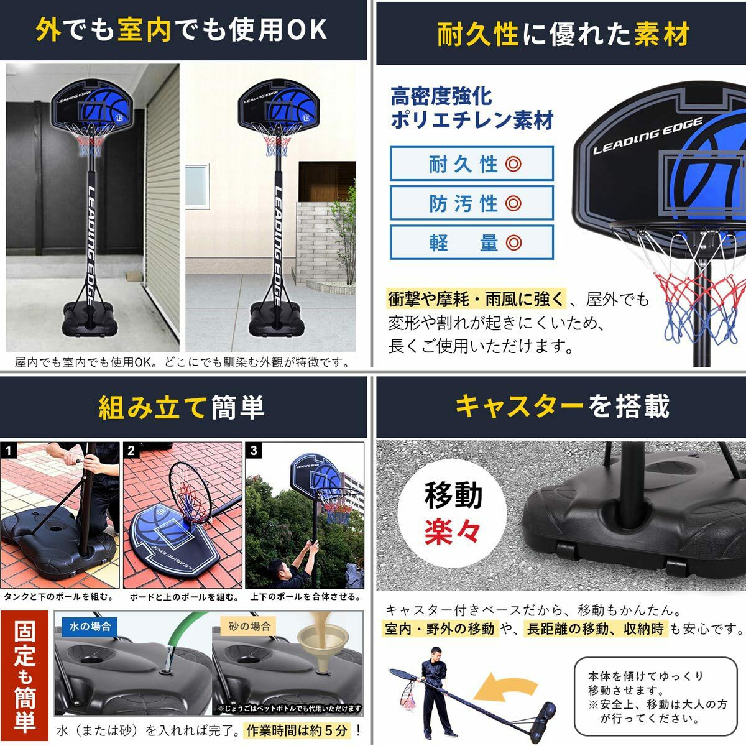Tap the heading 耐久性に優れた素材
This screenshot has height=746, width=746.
563,34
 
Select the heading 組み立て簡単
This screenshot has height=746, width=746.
181,407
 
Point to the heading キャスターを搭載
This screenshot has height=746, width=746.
562,406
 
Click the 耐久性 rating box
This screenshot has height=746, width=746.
471,163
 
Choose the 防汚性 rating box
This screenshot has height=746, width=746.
471,203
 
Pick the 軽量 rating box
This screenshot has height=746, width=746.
471,242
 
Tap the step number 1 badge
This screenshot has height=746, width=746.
9,451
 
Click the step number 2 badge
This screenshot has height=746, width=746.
131,451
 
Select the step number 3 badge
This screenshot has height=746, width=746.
254,451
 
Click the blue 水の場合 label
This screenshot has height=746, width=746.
90,627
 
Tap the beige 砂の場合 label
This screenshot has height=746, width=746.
249,627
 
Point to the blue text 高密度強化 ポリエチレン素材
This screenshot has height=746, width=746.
471,108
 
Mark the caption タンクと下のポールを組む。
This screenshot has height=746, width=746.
58,597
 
